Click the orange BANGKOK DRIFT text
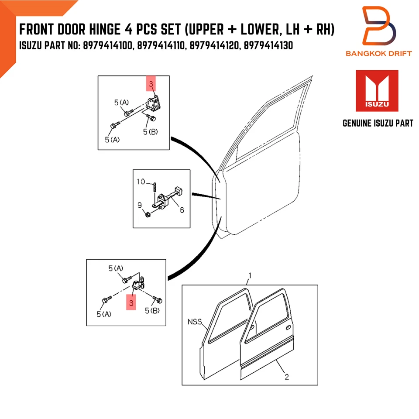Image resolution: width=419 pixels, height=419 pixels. click(x=379, y=54)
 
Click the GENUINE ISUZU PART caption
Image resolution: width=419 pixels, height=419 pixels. click(x=378, y=124)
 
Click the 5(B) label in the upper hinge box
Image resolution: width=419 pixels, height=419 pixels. click(x=150, y=131)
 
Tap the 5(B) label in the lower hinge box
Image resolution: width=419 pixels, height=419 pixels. click(x=153, y=310)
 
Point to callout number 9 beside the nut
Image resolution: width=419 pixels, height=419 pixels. click(x=140, y=204)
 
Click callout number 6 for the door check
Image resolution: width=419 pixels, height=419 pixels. click(x=182, y=210)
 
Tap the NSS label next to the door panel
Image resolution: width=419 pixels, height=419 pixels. click(x=195, y=323)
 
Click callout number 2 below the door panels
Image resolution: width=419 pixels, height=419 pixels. click(x=286, y=377)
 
